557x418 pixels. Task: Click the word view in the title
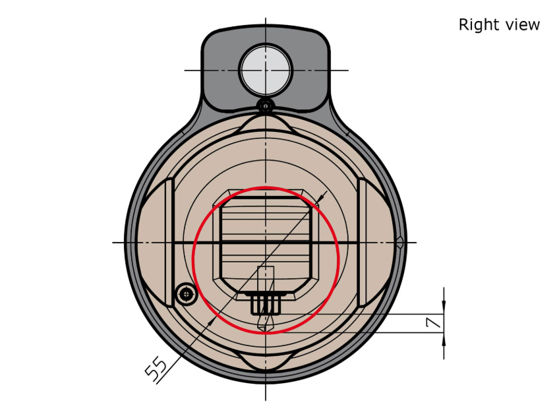(523, 25)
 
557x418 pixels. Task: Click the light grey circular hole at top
(266, 70)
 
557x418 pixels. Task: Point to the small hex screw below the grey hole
(266, 105)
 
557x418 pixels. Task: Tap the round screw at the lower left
(186, 294)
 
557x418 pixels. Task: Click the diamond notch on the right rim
(399, 243)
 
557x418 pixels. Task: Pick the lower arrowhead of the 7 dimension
(444, 340)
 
